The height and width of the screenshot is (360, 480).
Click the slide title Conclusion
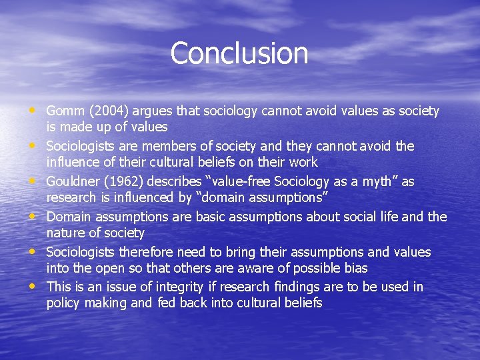point(239,53)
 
